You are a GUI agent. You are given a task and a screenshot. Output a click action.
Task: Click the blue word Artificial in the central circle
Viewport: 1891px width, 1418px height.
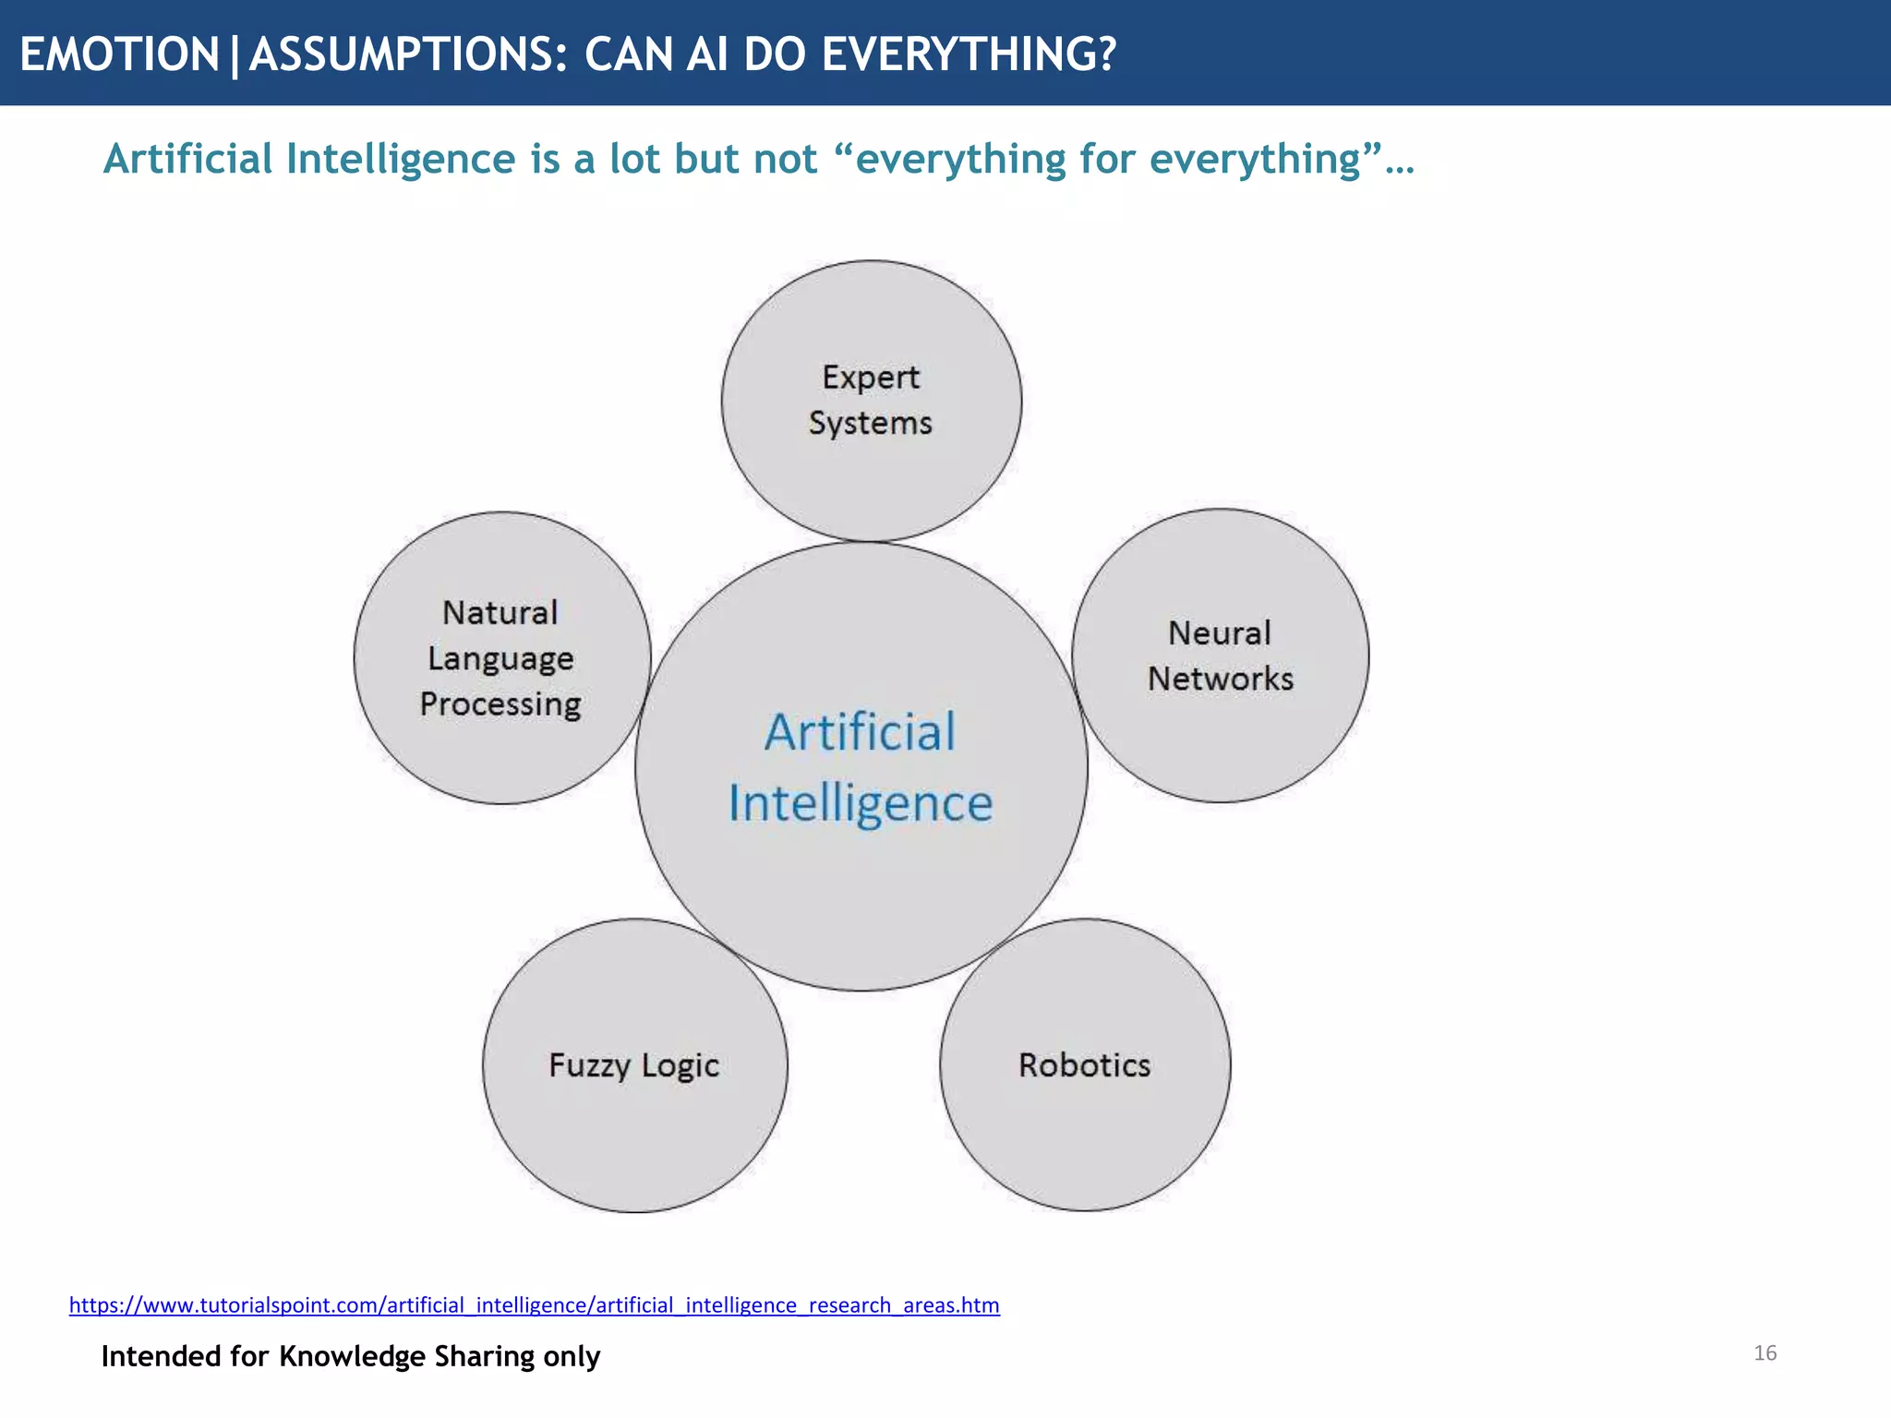(x=860, y=732)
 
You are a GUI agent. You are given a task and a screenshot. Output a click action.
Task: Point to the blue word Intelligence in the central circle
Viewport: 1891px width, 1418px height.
(x=860, y=803)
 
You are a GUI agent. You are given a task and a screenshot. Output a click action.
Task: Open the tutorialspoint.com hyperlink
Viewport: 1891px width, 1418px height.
(x=534, y=1304)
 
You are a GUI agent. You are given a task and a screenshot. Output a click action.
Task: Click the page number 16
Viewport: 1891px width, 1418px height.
(x=1765, y=1352)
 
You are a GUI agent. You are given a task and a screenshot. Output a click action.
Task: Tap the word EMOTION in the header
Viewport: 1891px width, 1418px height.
(x=119, y=54)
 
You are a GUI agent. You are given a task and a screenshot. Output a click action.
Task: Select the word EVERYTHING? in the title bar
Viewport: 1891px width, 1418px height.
(x=969, y=54)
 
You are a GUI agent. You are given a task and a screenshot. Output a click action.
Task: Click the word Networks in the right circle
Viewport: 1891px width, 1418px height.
(x=1220, y=679)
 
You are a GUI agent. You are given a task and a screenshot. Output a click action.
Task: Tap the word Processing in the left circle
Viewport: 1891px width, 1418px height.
(x=500, y=704)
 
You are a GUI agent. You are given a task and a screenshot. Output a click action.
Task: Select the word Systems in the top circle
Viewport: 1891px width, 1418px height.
(x=870, y=423)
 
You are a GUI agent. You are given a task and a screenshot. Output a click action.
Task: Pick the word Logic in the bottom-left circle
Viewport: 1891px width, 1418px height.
(x=680, y=1065)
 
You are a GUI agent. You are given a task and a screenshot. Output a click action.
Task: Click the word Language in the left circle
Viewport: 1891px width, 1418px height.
(x=500, y=659)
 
